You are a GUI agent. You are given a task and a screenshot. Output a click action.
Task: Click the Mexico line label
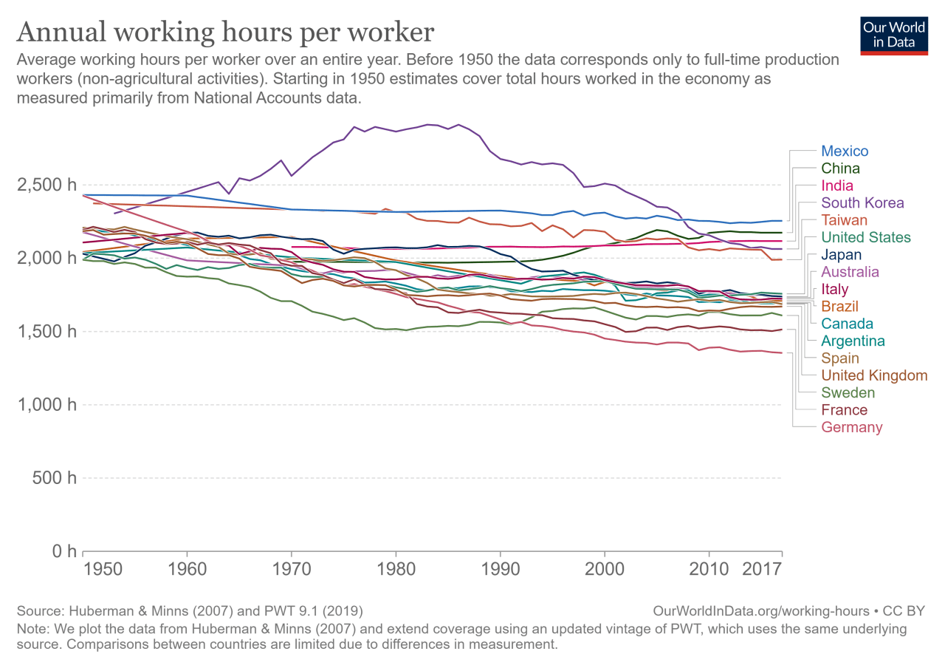point(845,151)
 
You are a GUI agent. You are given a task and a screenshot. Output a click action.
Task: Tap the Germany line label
point(851,427)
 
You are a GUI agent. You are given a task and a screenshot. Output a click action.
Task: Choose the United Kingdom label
point(874,375)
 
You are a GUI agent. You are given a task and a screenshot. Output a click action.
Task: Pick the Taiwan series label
point(844,220)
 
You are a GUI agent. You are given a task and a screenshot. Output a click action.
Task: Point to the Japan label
point(842,255)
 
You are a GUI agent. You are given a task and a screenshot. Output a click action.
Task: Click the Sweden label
point(848,393)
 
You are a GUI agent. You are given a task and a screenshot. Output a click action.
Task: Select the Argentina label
point(853,341)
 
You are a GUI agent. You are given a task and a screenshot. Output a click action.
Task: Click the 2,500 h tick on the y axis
point(46,185)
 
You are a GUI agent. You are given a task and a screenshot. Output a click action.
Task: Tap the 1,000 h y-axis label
point(46,405)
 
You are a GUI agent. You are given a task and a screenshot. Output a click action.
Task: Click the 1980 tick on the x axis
point(396,571)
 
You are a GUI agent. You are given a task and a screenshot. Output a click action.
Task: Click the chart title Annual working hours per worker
point(225,33)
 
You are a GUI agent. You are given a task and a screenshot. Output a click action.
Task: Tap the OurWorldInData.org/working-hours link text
point(762,611)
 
